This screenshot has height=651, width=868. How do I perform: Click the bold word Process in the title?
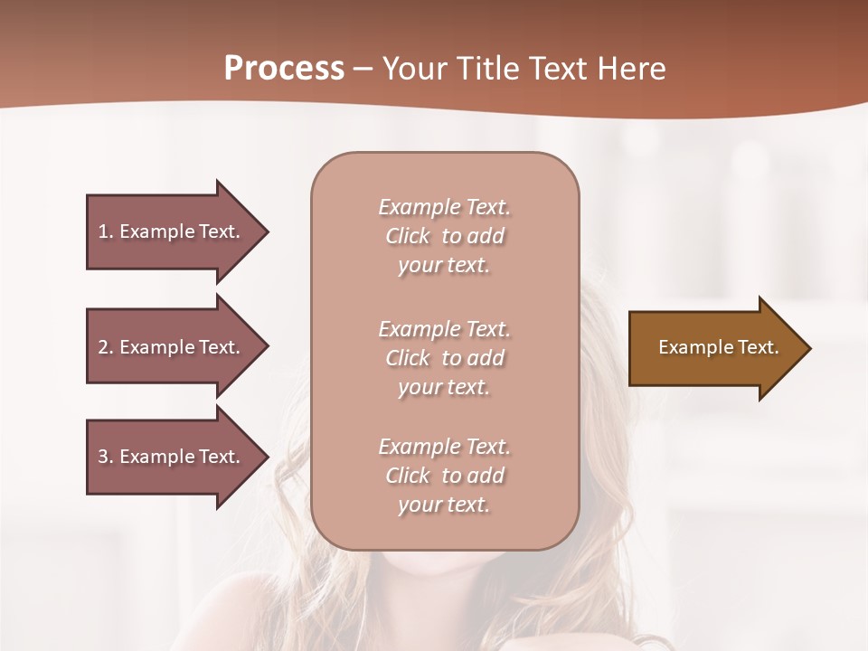coord(284,69)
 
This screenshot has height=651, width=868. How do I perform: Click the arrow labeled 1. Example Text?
coord(172,231)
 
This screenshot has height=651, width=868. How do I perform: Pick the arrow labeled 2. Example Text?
coord(172,347)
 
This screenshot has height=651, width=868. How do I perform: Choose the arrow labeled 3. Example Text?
coord(172,457)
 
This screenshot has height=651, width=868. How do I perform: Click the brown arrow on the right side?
coord(714,348)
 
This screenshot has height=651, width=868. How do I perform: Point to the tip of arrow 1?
coord(265,231)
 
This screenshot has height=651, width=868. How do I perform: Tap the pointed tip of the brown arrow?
coord(807,348)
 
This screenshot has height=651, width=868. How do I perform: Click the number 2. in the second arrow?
coord(106,347)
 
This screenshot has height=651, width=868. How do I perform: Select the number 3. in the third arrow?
coord(106,457)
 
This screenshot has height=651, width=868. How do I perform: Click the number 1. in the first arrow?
coord(106,231)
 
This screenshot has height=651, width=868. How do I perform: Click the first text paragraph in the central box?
coord(444,236)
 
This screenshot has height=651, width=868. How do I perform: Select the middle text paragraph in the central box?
coord(444,357)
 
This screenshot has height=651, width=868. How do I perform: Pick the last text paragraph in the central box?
coord(444,476)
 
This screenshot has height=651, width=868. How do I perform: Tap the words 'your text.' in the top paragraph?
coord(444,266)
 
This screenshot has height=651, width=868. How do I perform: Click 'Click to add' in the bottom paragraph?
coord(444,476)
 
